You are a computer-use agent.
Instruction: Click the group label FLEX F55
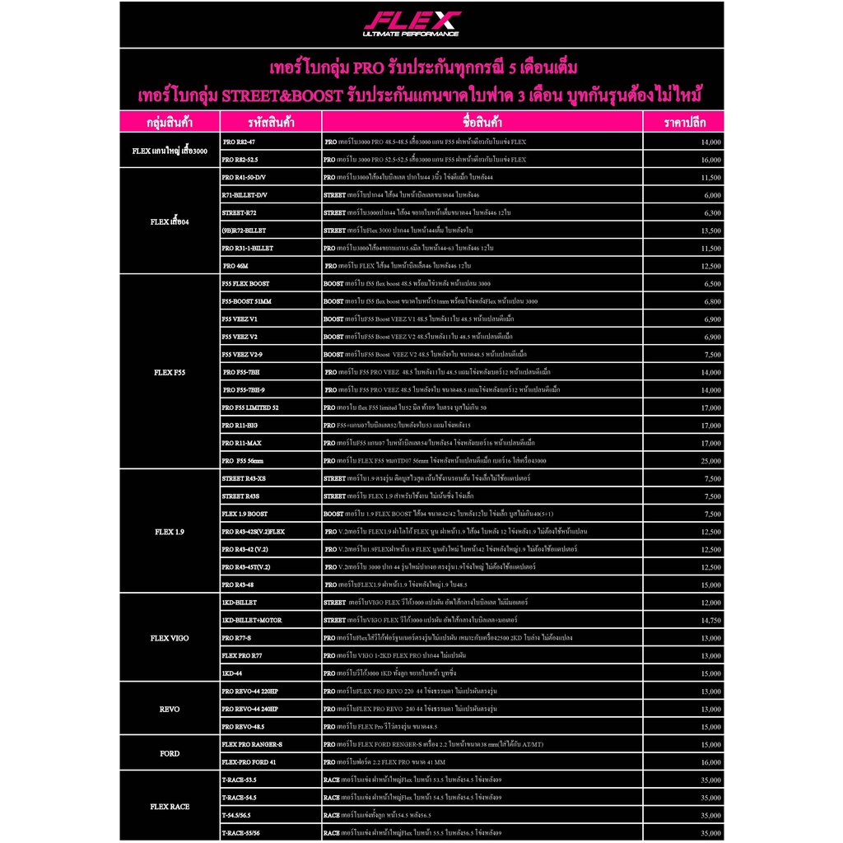170,371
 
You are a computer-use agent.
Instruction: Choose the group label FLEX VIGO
170,638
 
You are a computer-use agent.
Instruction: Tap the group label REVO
170,709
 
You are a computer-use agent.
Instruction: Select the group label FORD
170,753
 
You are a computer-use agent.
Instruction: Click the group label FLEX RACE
170,807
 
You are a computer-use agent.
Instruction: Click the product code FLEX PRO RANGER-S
252,744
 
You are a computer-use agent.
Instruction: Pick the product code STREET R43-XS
244,478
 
